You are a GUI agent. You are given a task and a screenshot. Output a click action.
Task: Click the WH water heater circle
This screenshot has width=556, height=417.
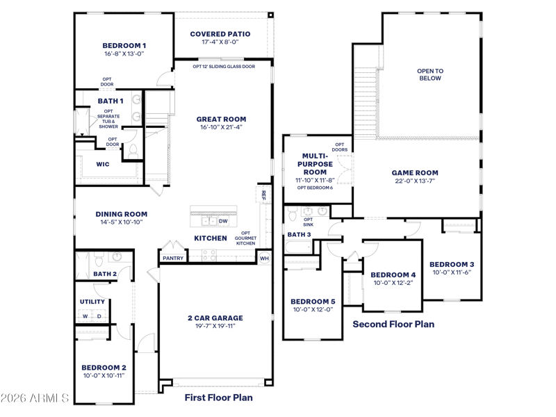coord(265,258)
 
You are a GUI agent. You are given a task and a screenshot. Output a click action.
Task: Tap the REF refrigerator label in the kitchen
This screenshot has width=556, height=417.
coord(263,195)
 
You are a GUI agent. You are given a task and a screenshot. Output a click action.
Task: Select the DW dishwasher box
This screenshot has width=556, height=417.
coord(223,221)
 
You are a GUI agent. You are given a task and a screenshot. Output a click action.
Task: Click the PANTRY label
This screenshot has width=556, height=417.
coord(173,258)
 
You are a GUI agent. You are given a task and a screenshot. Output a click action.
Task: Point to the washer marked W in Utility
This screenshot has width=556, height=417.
coord(85,316)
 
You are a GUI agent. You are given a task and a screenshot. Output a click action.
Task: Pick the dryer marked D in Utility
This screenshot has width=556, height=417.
coord(99,316)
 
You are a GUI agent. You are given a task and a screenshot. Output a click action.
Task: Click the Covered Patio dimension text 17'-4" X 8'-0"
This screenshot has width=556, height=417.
coord(220,42)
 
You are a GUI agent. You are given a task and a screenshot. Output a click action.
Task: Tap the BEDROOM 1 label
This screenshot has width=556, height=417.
coord(124,45)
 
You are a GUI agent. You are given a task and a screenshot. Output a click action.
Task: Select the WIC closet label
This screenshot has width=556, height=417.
coord(103,164)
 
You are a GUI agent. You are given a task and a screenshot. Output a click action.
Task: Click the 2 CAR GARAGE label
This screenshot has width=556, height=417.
coord(215,318)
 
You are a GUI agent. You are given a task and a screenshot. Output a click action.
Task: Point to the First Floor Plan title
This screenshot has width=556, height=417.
coord(219,398)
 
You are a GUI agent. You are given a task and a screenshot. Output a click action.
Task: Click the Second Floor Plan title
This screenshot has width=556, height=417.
coord(393,324)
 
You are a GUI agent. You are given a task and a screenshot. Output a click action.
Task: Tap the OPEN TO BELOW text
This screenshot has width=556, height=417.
coord(430,74)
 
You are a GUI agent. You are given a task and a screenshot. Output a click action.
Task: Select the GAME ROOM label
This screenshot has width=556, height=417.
coord(415,172)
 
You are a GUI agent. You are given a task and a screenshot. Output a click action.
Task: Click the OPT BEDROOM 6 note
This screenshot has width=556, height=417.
coord(316,188)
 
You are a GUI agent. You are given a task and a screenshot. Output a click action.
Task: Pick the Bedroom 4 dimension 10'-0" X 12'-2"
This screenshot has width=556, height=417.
coord(393,283)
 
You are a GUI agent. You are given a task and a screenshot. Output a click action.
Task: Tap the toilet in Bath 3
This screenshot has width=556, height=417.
coord(293,213)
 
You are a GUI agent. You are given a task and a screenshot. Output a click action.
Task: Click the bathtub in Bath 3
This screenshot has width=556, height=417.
coord(298,247)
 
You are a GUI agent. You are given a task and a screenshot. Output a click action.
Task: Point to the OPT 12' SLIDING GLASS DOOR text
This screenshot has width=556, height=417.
coord(224,66)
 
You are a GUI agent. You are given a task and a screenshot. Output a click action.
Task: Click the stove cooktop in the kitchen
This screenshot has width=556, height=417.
coord(209,255)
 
